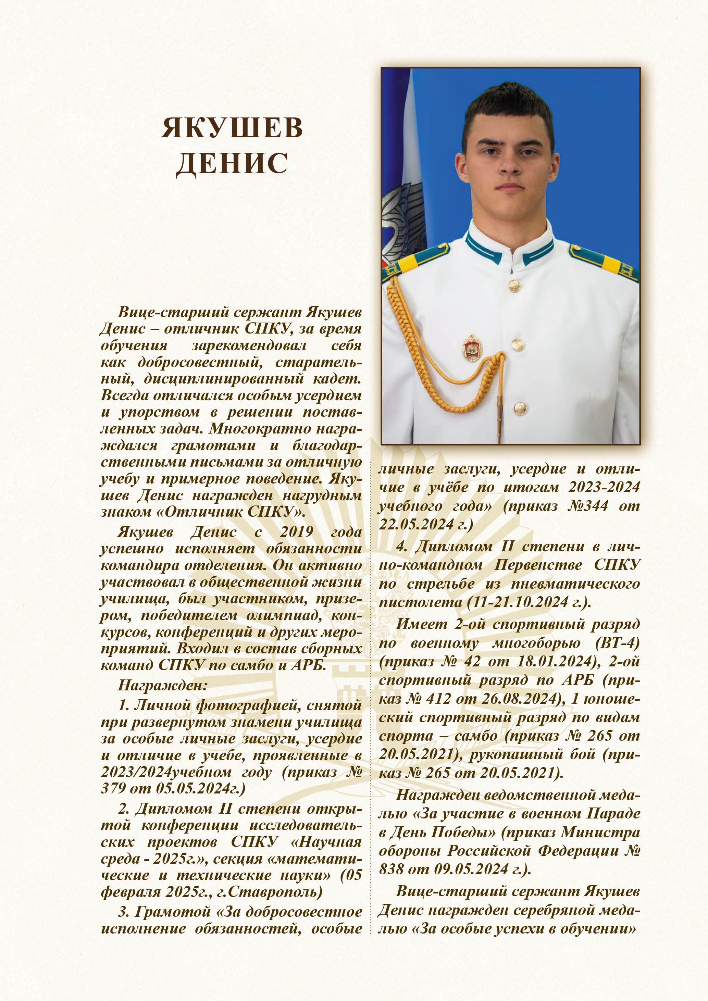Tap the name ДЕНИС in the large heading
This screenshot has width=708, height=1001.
[232, 164]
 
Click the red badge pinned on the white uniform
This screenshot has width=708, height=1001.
[472, 348]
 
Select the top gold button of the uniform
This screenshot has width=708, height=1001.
[514, 286]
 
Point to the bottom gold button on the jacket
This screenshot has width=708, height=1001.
[519, 408]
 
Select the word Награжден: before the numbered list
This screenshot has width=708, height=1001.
[162, 685]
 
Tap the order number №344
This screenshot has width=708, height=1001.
[588, 506]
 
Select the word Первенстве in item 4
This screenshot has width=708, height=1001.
[538, 565]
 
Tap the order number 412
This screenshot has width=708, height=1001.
[438, 699]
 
